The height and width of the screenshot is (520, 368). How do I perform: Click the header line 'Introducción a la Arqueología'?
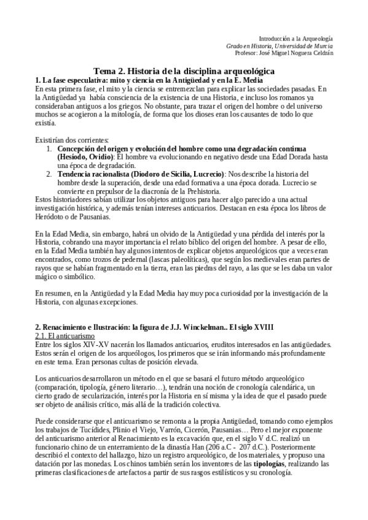coord(296,38)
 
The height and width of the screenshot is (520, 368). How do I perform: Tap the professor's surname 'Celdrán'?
coord(319,53)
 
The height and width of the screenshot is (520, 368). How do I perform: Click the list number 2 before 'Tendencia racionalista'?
coord(50,175)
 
